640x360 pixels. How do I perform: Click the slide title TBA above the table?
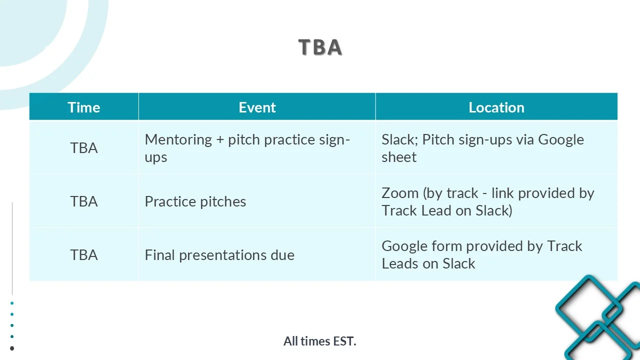pyautogui.click(x=320, y=47)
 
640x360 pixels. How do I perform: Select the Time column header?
pyautogui.click(x=84, y=107)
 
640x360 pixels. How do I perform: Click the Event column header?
pyautogui.click(x=257, y=107)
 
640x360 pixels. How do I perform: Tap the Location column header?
pyautogui.click(x=496, y=107)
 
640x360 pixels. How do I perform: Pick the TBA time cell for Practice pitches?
pyautogui.click(x=84, y=201)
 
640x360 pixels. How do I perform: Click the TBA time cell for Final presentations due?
pyautogui.click(x=84, y=255)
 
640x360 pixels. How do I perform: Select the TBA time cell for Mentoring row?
pyautogui.click(x=84, y=148)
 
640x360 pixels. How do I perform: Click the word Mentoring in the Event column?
pyautogui.click(x=178, y=140)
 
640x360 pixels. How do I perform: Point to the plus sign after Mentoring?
pyautogui.click(x=220, y=140)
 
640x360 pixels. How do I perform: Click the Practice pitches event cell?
pyautogui.click(x=195, y=201)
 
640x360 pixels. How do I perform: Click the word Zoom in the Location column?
pyautogui.click(x=400, y=193)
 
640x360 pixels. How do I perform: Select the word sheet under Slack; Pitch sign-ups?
pyautogui.click(x=399, y=157)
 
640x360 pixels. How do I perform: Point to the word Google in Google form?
pyautogui.click(x=404, y=246)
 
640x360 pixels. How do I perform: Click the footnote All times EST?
pyautogui.click(x=320, y=341)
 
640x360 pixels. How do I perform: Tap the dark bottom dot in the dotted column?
pyautogui.click(x=12, y=348)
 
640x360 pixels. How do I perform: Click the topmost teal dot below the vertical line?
pyautogui.click(x=12, y=303)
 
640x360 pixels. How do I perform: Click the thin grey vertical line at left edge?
pyautogui.click(x=12, y=248)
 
